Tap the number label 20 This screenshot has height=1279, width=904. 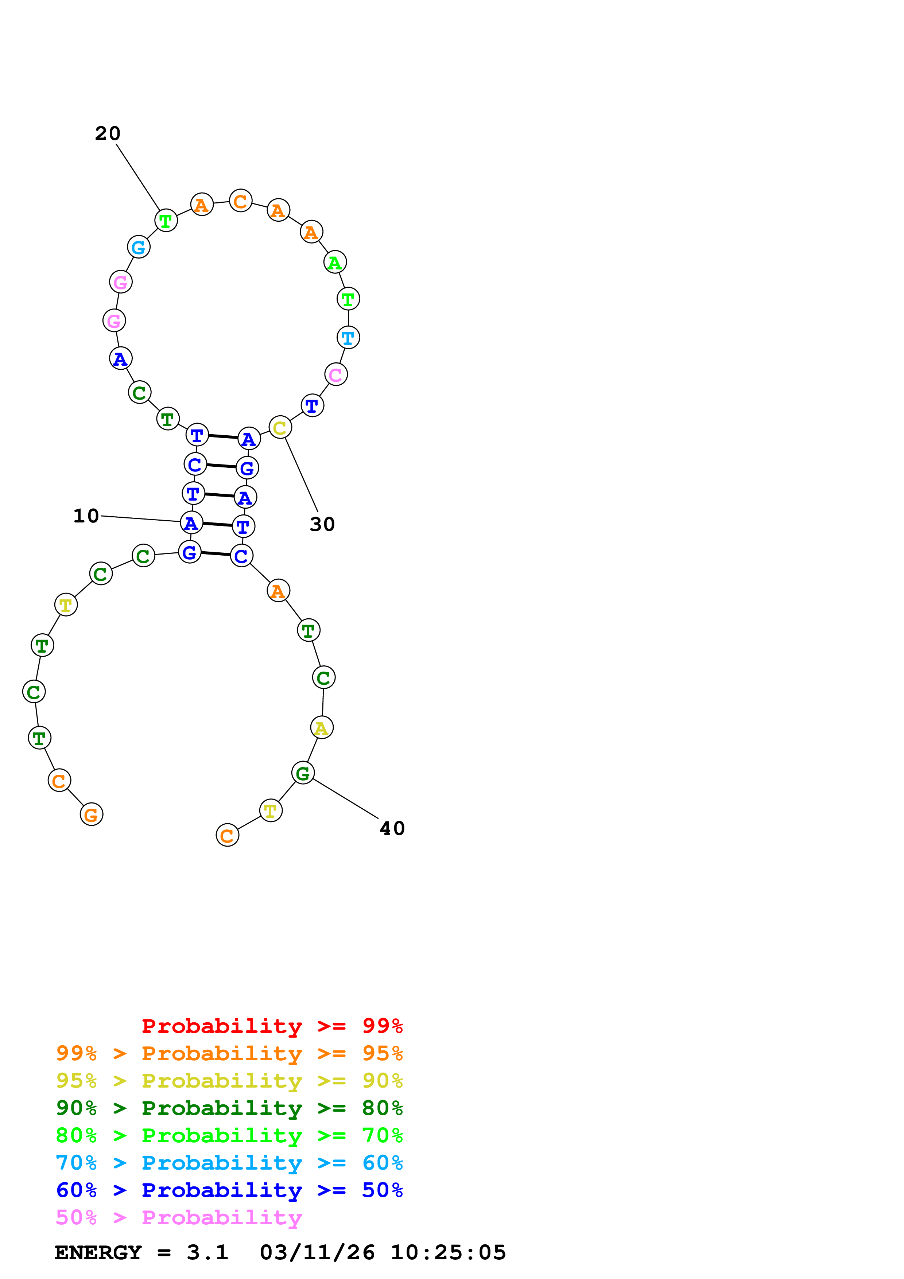(108, 134)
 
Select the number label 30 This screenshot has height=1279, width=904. (322, 524)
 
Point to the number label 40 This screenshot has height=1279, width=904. (392, 828)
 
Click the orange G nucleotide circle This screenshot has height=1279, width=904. (91, 815)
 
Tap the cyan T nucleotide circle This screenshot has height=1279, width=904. (348, 338)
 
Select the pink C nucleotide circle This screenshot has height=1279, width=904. (336, 374)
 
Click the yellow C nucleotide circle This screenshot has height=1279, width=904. (280, 427)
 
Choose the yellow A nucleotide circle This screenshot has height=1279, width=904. (321, 727)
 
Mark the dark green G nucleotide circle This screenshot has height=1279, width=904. (303, 773)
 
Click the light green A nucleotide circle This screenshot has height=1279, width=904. (335, 262)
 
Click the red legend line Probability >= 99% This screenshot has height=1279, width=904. (272, 1026)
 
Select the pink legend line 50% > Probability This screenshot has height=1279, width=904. (179, 1218)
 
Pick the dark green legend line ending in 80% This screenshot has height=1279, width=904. (229, 1108)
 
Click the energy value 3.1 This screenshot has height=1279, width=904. (207, 1253)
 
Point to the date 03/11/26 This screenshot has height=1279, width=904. (317, 1253)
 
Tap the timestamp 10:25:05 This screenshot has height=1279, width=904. (448, 1253)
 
